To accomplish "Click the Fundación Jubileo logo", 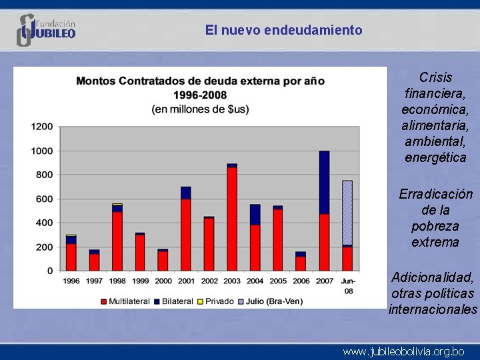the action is [x=46, y=30].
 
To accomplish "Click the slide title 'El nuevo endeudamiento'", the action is [x=283, y=30].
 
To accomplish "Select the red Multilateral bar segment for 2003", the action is [x=232, y=219].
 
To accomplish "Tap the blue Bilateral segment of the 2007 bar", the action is [x=324, y=183].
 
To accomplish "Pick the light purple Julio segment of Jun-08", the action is [x=347, y=213].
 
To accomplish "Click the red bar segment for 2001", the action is [x=186, y=235].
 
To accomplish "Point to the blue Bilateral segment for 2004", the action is [x=255, y=215].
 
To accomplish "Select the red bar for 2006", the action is [x=301, y=264].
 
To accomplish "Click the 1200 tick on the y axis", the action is [x=42, y=127].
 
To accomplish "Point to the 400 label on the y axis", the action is [x=45, y=223].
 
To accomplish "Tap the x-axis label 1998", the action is [x=117, y=281].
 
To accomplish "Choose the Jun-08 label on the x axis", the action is [x=349, y=286].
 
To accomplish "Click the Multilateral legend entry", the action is [x=125, y=301].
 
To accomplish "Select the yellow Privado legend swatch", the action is [x=200, y=302].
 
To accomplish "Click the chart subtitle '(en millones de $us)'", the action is [x=200, y=109].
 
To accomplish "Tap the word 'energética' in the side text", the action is [x=435, y=157].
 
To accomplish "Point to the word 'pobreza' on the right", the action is [x=435, y=226].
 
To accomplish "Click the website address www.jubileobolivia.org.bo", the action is [x=403, y=352].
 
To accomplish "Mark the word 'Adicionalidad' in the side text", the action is [x=433, y=277].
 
